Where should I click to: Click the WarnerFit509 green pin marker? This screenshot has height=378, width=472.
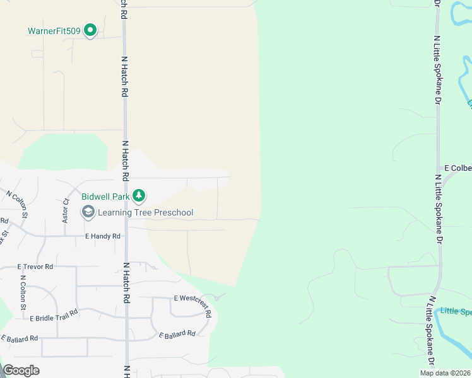pos(90,30)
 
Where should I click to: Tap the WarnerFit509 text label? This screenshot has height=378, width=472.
pos(54,30)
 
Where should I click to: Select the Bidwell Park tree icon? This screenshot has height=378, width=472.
pos(139,197)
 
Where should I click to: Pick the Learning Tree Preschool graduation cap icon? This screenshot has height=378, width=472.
pos(88,213)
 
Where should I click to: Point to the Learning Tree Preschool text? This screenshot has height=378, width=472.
pos(145,213)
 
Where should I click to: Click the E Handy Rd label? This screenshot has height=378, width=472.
pos(102,236)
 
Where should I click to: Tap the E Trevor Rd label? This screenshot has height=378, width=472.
pos(35,266)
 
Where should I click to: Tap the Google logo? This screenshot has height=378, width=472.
pos(21,370)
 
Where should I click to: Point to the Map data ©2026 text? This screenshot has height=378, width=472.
pos(445,373)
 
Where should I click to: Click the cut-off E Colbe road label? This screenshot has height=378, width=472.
pos(457,168)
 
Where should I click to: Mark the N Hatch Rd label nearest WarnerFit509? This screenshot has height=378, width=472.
pos(124,76)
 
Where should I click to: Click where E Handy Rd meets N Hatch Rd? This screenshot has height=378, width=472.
pos(126,236)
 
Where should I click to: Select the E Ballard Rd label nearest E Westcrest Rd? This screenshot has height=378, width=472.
pos(177,334)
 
